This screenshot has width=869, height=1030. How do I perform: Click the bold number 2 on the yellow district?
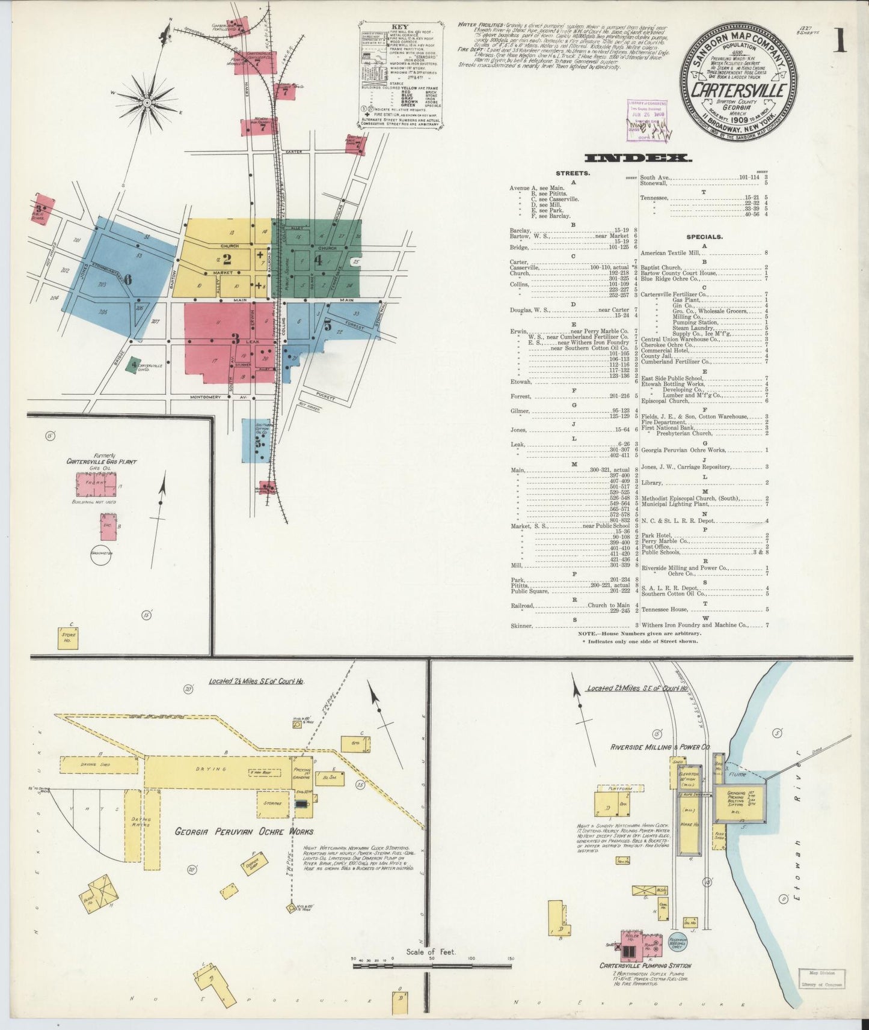pyautogui.click(x=227, y=260)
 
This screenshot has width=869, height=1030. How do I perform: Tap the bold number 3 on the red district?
pyautogui.click(x=236, y=338)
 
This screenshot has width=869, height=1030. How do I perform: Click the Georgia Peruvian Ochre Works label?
pyautogui.click(x=244, y=832)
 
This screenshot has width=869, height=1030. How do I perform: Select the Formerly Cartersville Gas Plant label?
pyautogui.click(x=102, y=459)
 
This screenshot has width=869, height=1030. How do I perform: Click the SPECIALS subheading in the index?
pyautogui.click(x=704, y=237)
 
